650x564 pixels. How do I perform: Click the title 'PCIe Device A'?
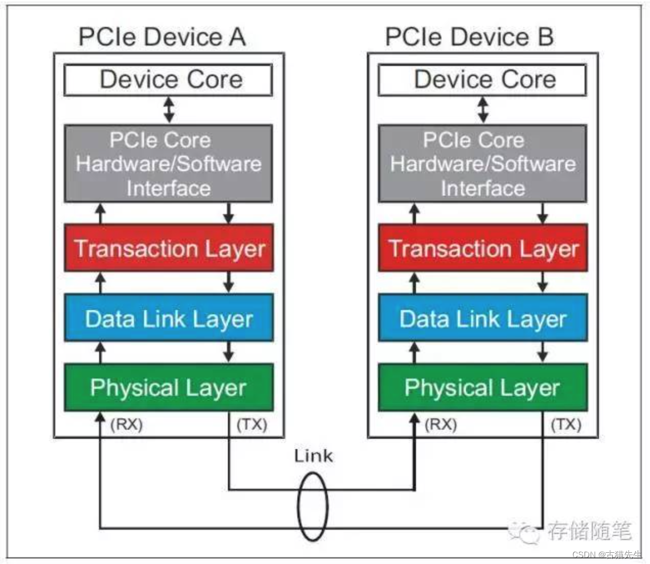click(x=162, y=37)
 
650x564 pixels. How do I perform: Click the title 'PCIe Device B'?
click(x=469, y=37)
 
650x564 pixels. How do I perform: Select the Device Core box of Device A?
click(x=169, y=80)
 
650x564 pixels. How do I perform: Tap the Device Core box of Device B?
click(x=482, y=80)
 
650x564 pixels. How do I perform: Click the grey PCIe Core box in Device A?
click(x=169, y=164)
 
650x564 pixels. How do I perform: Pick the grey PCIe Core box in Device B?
click(x=482, y=164)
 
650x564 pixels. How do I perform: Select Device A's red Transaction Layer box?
click(x=169, y=248)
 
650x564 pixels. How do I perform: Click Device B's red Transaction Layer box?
click(x=482, y=248)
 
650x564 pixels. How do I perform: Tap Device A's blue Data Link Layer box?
click(x=169, y=318)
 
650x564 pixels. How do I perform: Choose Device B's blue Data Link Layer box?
click(x=482, y=318)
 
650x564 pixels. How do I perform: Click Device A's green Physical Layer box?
click(x=169, y=387)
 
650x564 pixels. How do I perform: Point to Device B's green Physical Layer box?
click(x=482, y=387)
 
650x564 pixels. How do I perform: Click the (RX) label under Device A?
click(x=126, y=424)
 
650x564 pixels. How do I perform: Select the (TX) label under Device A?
click(x=251, y=424)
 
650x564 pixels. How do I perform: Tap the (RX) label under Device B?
click(x=440, y=424)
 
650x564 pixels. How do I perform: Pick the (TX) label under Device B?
click(x=566, y=424)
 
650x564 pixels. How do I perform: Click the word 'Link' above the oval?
click(x=313, y=456)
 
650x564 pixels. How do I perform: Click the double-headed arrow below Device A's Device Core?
click(x=169, y=110)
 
